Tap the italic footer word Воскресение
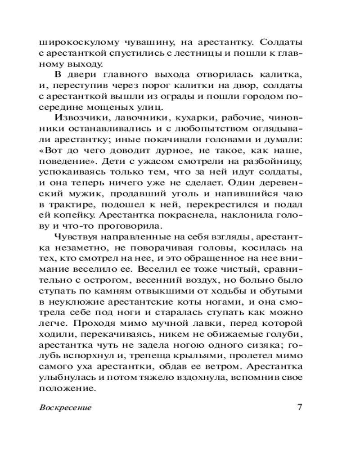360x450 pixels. click(x=66, y=408)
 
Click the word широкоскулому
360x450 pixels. click(x=76, y=43)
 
